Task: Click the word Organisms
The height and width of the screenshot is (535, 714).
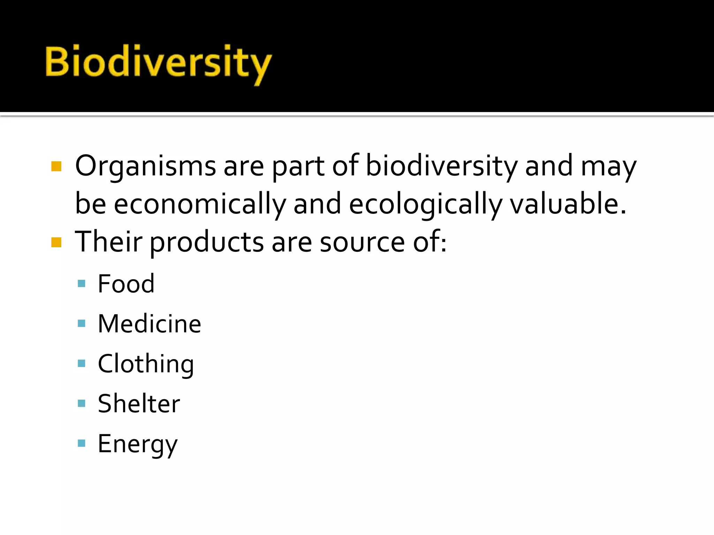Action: [145, 166]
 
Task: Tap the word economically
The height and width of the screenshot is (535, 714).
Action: [200, 204]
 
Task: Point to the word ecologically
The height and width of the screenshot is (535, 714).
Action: [425, 204]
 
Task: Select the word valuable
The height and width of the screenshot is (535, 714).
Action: [568, 204]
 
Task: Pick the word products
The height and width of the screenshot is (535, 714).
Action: [207, 242]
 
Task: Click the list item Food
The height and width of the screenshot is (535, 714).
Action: [126, 284]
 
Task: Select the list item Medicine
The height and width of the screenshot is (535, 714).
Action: [149, 324]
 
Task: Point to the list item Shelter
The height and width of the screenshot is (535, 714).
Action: [139, 404]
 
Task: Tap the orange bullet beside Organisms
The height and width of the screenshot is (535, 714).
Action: [56, 166]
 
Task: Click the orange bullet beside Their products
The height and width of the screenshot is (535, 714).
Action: [56, 242]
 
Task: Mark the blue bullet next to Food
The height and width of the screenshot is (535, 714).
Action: [82, 284]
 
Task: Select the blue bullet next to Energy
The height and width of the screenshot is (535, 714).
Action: [82, 443]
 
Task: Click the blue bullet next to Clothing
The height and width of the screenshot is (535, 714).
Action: [82, 364]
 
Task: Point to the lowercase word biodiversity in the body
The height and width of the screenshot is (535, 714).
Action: [442, 166]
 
